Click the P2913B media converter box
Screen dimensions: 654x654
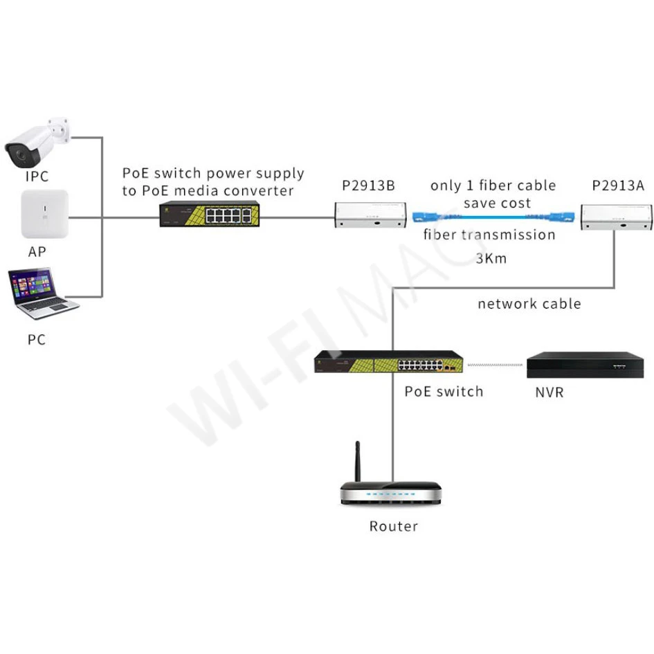click(370, 215)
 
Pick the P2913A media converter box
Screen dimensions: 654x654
click(616, 216)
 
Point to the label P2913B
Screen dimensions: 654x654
click(368, 185)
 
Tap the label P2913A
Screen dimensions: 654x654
click(617, 185)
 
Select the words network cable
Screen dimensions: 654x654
click(529, 304)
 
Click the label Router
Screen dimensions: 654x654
click(393, 527)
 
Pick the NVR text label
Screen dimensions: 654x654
click(549, 392)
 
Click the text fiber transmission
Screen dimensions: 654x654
click(489, 235)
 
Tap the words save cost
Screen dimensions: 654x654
click(497, 203)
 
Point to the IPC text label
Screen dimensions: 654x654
click(37, 176)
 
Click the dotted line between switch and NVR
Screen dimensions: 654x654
click(494, 364)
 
